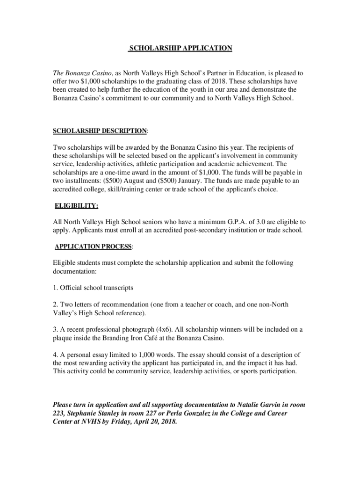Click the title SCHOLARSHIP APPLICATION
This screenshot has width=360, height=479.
[180, 48]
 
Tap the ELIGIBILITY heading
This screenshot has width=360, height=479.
[76, 205]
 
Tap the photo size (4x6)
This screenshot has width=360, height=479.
[166, 329]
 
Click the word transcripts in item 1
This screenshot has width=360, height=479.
[117, 287]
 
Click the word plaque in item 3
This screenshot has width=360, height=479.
[63, 338]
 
